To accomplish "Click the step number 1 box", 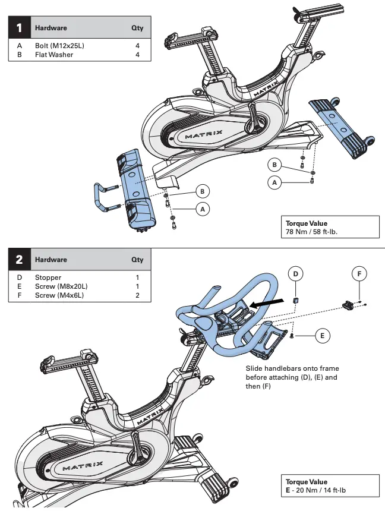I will (19, 28).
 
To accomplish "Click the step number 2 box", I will (19, 260).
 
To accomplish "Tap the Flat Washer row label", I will (53, 55).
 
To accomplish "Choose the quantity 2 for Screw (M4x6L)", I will (137, 295).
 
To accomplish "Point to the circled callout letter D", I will (296, 274).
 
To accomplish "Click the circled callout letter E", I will (321, 336).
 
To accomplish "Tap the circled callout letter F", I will (359, 274).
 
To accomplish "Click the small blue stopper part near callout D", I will (296, 301).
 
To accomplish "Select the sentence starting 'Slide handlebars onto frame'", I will (292, 377).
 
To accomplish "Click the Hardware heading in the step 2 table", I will (51, 260).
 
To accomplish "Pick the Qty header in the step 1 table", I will (137, 28).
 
